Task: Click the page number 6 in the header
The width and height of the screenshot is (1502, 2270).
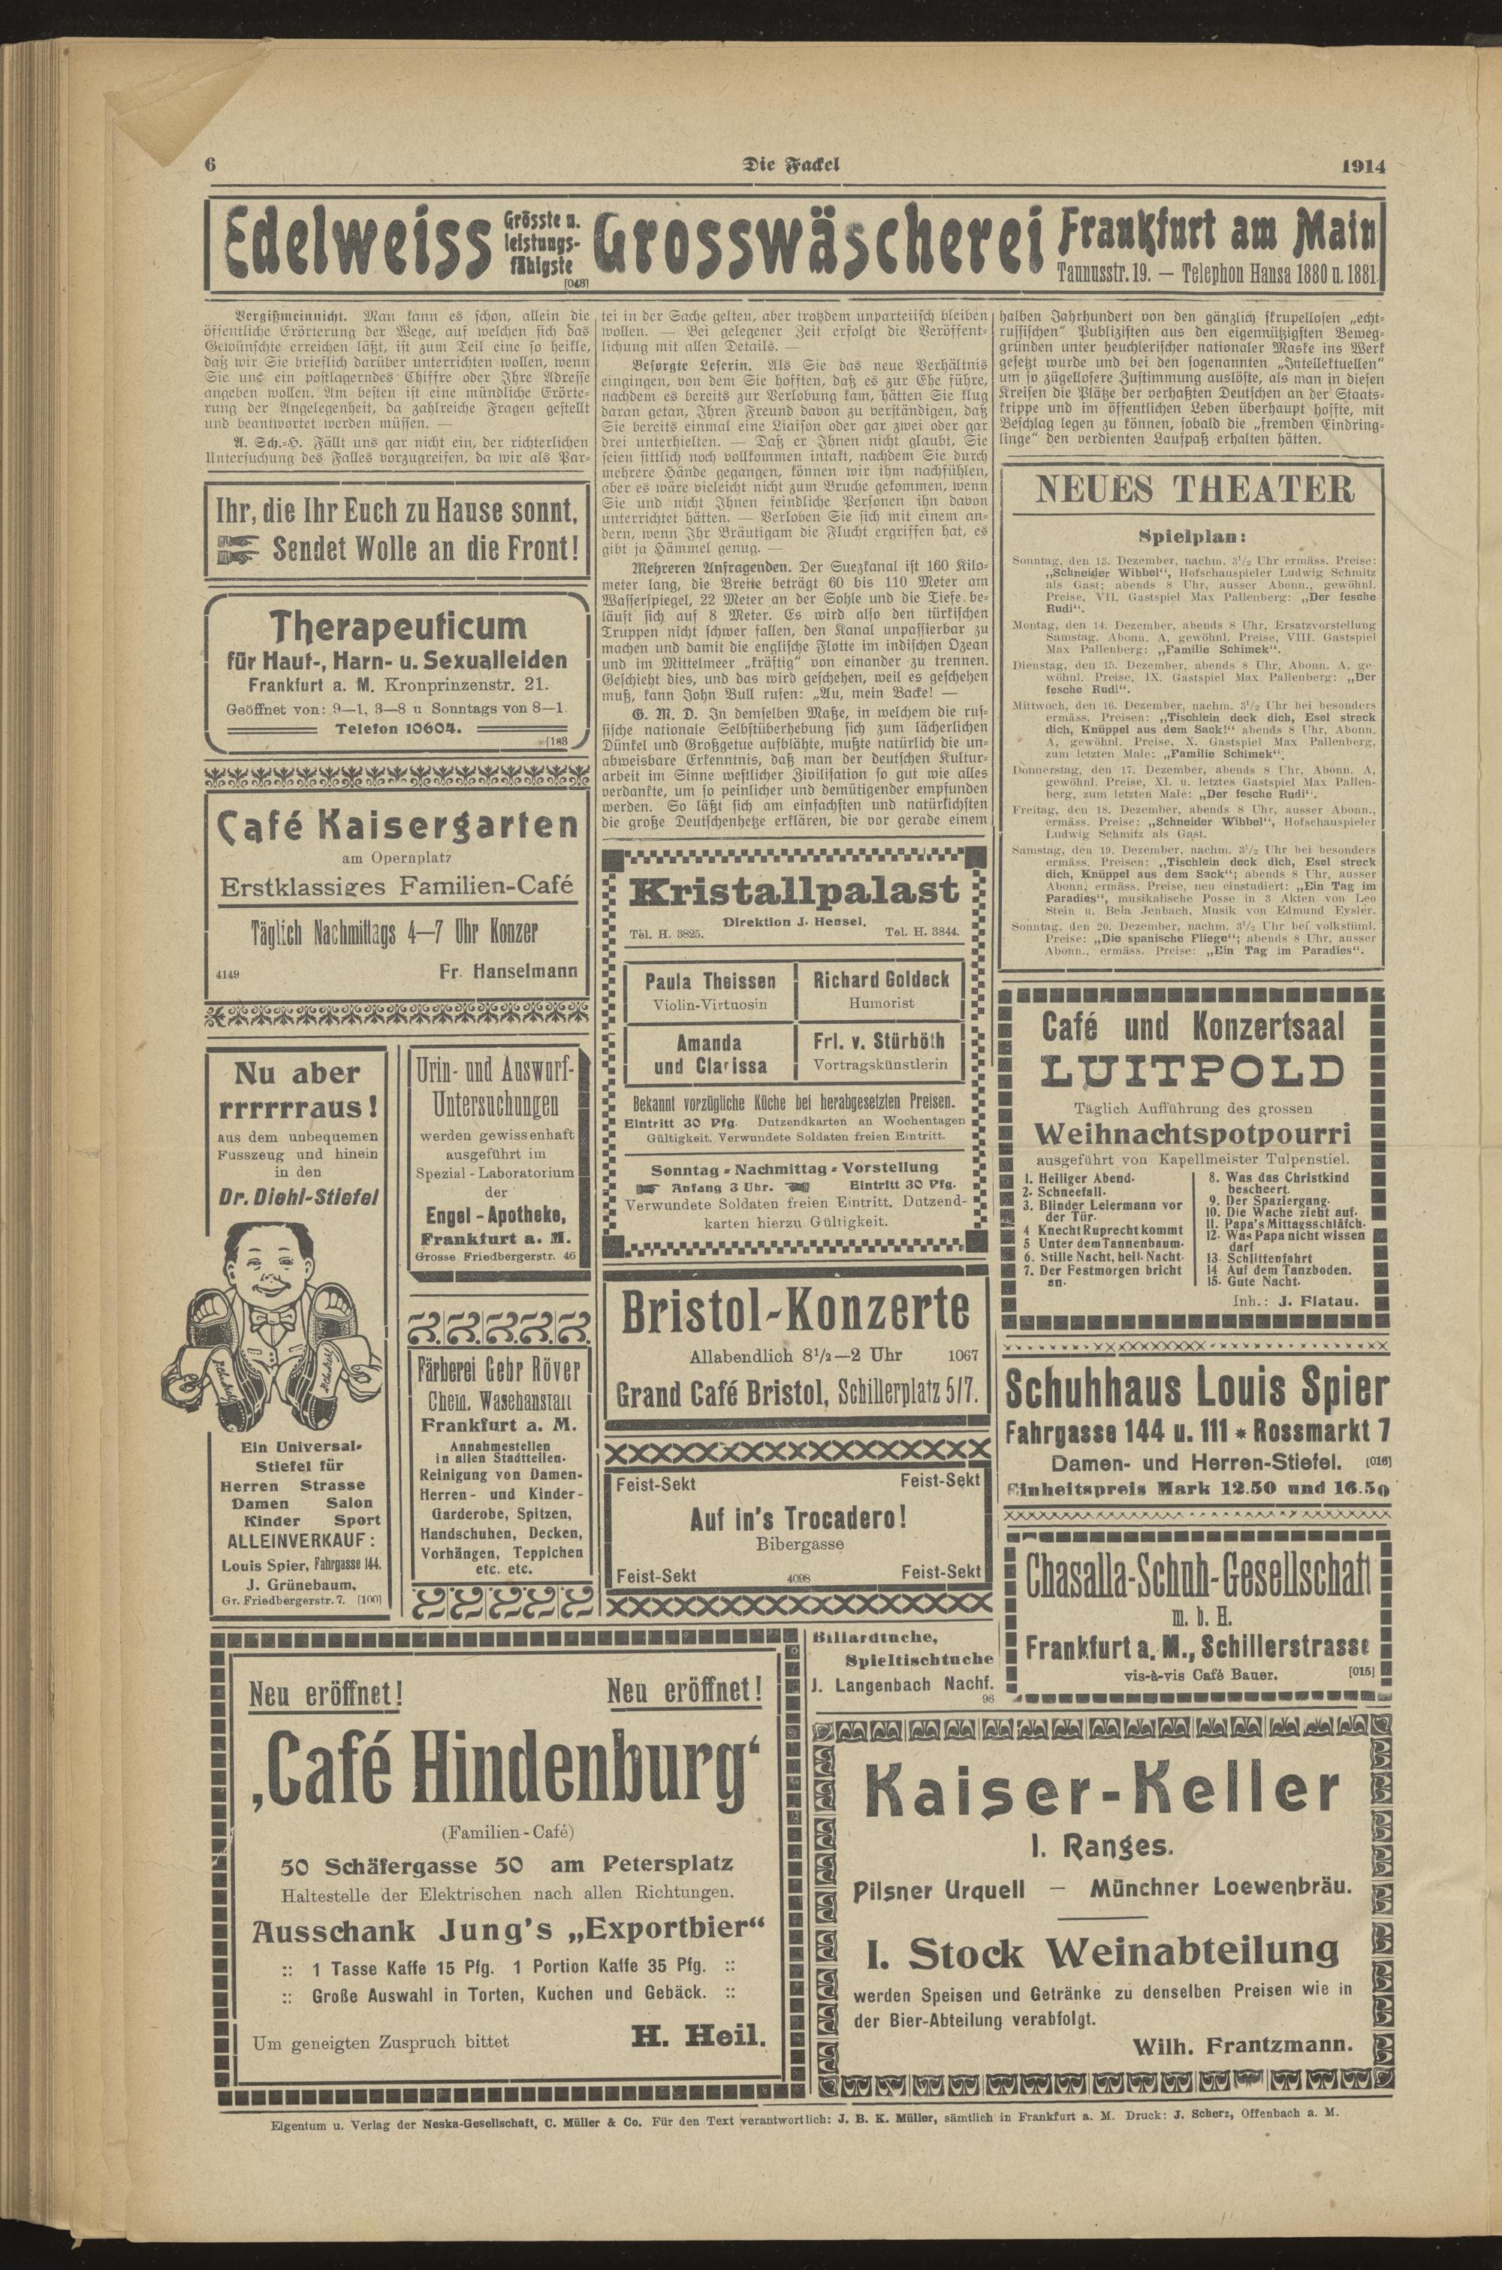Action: click(x=210, y=163)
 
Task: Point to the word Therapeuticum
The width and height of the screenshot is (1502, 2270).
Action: click(x=397, y=627)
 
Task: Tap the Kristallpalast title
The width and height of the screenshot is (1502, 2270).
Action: click(x=793, y=891)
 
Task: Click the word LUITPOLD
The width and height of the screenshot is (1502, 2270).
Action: click(x=1192, y=1071)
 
